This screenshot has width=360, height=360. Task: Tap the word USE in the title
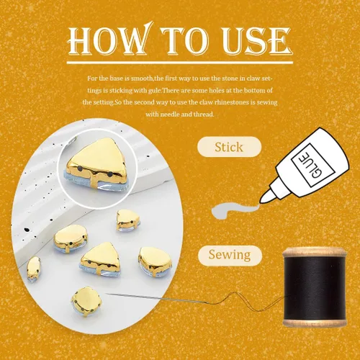(257, 40)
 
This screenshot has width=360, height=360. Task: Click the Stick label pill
(229, 147)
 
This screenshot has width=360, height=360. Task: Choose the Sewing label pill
(230, 255)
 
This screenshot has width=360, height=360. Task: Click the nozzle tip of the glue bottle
(262, 200)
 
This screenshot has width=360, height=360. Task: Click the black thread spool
(315, 287)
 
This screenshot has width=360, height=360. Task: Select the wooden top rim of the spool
(315, 252)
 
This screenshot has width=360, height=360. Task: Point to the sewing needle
(153, 298)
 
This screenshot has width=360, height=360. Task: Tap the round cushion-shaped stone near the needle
(86, 301)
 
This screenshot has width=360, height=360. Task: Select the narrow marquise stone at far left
(34, 269)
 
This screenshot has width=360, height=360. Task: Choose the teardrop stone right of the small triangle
(156, 261)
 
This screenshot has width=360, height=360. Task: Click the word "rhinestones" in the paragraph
(232, 102)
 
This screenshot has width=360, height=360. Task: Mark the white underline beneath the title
(180, 63)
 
